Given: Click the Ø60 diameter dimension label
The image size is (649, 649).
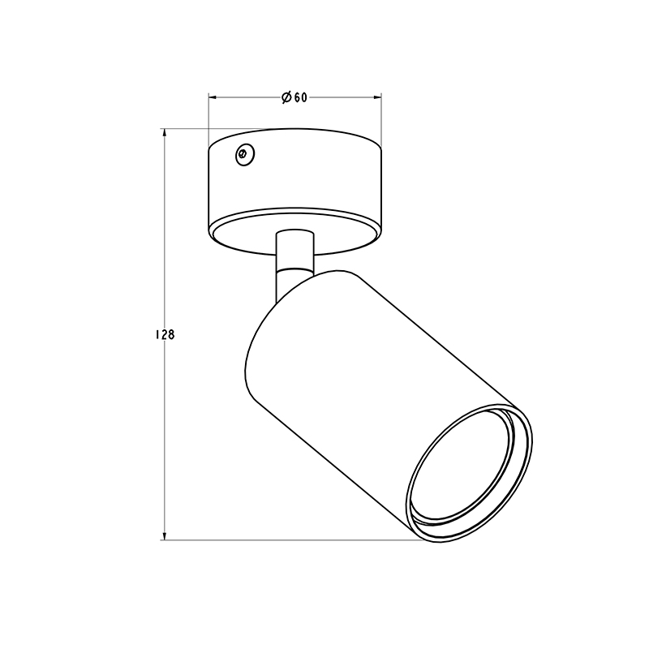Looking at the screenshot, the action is [x=294, y=97].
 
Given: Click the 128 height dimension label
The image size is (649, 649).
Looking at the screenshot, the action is [x=165, y=334].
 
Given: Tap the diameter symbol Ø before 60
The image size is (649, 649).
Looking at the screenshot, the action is [x=287, y=97].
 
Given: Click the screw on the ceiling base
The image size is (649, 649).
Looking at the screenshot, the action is [x=245, y=155].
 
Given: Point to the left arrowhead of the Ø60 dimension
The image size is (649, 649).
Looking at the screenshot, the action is [x=213, y=97].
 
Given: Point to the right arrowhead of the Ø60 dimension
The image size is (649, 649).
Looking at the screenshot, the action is [x=377, y=97].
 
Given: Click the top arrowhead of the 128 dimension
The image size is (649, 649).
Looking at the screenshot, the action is [x=165, y=133].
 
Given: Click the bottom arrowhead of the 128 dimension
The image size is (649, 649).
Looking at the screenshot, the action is [x=165, y=535].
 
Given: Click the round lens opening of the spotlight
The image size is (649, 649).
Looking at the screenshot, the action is [x=468, y=473].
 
